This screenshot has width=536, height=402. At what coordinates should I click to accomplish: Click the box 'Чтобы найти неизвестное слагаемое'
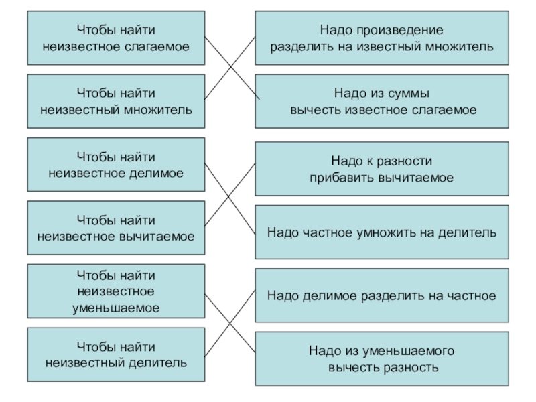(115, 38)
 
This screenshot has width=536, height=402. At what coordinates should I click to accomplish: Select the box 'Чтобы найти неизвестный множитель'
(115, 100)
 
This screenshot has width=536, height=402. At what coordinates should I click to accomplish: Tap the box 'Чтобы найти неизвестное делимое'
(115, 165)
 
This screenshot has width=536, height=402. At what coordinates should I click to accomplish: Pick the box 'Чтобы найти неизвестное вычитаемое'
(115, 228)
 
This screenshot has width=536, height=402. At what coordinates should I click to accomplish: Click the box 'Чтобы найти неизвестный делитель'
(115, 355)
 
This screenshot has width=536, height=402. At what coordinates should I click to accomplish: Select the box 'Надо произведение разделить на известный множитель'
(381, 38)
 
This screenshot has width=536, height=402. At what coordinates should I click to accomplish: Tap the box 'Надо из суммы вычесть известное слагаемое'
(381, 100)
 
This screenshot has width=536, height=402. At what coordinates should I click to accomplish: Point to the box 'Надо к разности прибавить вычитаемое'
(381, 170)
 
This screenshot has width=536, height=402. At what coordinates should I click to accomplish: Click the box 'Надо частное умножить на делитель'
(381, 232)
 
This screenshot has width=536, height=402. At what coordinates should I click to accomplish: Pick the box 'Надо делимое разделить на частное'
(381, 295)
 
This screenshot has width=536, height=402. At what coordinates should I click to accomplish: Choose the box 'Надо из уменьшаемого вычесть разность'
(381, 359)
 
